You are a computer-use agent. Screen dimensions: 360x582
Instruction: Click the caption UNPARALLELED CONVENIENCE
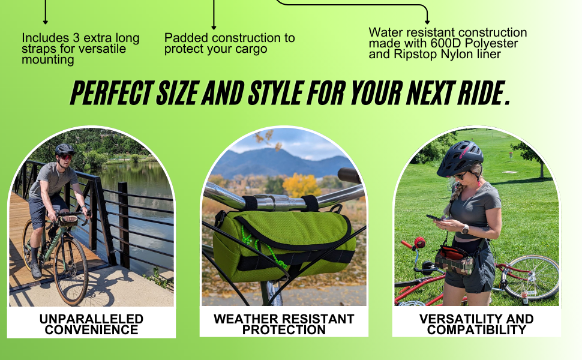[x=91, y=324]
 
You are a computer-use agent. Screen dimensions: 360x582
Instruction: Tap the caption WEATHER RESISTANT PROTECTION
[x=284, y=324]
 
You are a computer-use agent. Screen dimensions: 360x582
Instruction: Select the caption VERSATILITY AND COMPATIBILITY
[x=476, y=324]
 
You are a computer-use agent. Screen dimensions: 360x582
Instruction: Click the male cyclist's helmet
[x=64, y=149]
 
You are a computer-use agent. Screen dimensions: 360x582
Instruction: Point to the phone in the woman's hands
[x=434, y=218]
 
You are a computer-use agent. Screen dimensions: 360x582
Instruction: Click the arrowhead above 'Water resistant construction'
[x=427, y=21]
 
